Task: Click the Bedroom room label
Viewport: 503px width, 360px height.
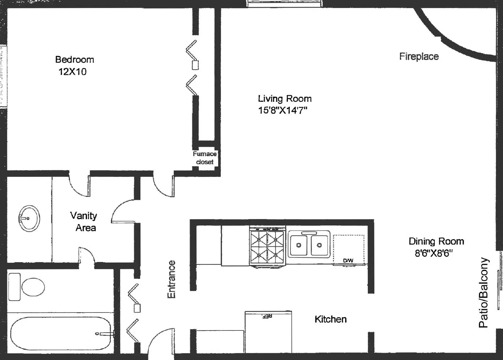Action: coord(75,60)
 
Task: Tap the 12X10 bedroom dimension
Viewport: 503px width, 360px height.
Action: coord(72,72)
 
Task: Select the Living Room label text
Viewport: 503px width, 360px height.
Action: coord(285,99)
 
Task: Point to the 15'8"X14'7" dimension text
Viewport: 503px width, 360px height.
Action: coord(283,111)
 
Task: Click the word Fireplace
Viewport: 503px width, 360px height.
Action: coord(419,57)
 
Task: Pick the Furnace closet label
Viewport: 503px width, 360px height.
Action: coord(205,158)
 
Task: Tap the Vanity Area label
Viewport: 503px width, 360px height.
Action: coord(84,222)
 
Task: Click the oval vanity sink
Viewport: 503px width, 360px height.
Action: coord(29,218)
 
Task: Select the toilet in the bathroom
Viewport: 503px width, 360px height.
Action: coord(26,287)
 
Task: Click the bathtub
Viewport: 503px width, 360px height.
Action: coord(61,333)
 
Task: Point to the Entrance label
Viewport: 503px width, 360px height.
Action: coord(171,280)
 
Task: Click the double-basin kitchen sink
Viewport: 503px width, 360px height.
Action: coord(309,244)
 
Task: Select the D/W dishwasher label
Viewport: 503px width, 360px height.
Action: coord(348,260)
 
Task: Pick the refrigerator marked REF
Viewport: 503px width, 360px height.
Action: coord(268,332)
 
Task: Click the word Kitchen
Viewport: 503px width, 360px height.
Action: coord(330,319)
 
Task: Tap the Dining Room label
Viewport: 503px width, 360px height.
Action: coord(436,242)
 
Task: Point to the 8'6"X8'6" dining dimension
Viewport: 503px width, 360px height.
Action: coord(434,254)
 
